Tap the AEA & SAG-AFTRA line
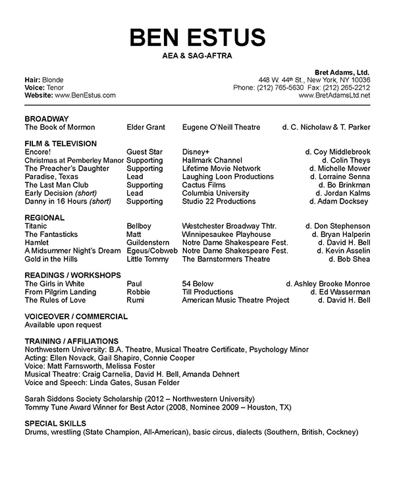(x=197, y=57)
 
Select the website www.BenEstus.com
(x=84, y=95)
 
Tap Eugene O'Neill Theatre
(x=221, y=127)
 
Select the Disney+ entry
(x=196, y=152)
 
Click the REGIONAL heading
(x=44, y=218)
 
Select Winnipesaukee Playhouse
(x=226, y=234)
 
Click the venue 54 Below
(x=196, y=284)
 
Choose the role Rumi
(x=136, y=301)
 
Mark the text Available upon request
(x=63, y=325)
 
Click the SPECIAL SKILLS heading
(x=55, y=424)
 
